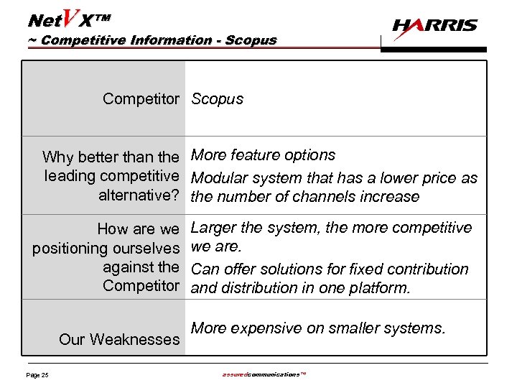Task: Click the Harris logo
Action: coord(434,27)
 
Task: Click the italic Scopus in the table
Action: coord(217,99)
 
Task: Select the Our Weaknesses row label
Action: coord(119,339)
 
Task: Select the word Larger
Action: coord(214,228)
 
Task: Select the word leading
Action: coord(70,177)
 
